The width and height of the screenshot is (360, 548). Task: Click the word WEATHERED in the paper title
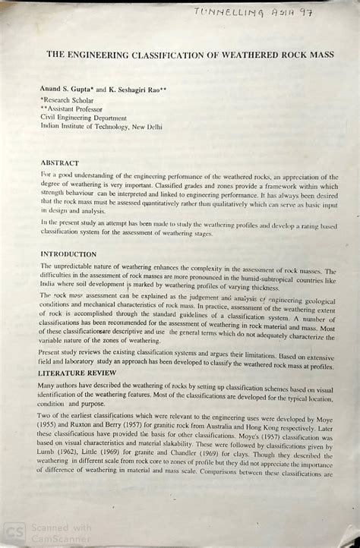pos(224,55)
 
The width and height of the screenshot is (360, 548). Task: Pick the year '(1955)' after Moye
pos(51,428)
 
